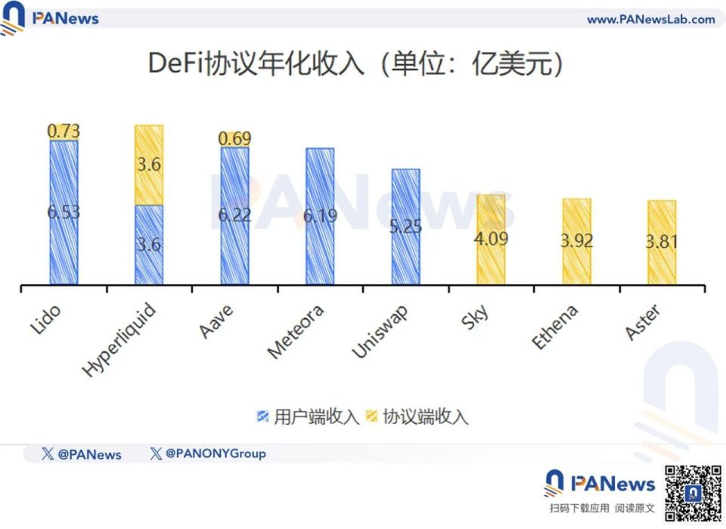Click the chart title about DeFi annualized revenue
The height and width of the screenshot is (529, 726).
(355, 64)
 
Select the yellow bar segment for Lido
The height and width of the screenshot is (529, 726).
(64, 132)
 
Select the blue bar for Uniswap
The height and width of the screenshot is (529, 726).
(405, 227)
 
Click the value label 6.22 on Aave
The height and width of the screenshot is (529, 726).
(234, 215)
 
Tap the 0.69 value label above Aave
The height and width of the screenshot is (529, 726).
(234, 139)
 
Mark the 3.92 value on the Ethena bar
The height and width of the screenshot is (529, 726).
(576, 241)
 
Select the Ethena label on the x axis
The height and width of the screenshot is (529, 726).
(555, 326)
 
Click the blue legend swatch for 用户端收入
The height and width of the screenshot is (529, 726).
(263, 416)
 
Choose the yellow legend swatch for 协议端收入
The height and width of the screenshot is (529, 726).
(372, 416)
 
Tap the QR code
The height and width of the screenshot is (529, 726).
(693, 493)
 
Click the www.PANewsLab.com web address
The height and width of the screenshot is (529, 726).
(650, 20)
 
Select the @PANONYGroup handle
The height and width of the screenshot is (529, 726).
(208, 454)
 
